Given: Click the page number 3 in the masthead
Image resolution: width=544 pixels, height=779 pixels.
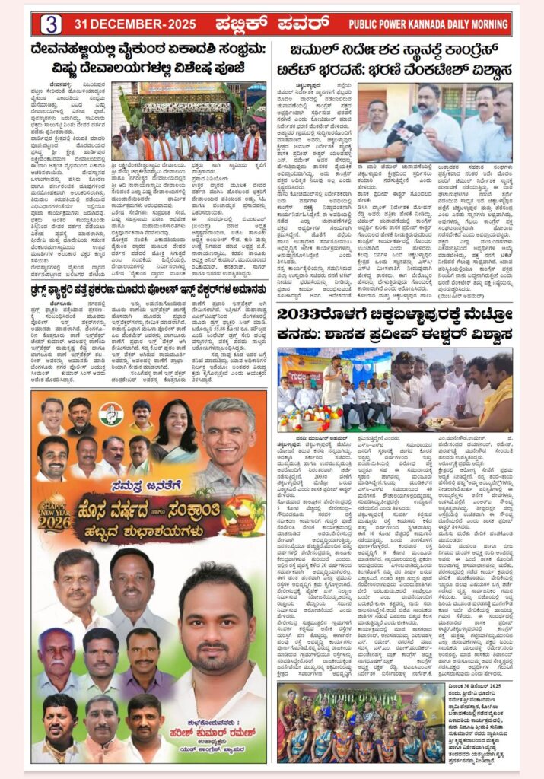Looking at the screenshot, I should (x=51, y=24).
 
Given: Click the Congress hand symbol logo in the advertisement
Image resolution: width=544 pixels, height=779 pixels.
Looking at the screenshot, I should (x=111, y=414).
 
